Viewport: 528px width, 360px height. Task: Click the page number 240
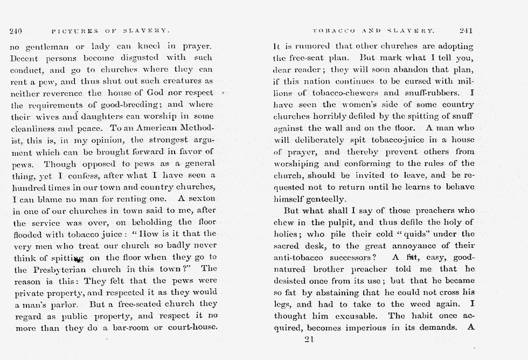[15, 31]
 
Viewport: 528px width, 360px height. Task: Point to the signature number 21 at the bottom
[309, 339]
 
